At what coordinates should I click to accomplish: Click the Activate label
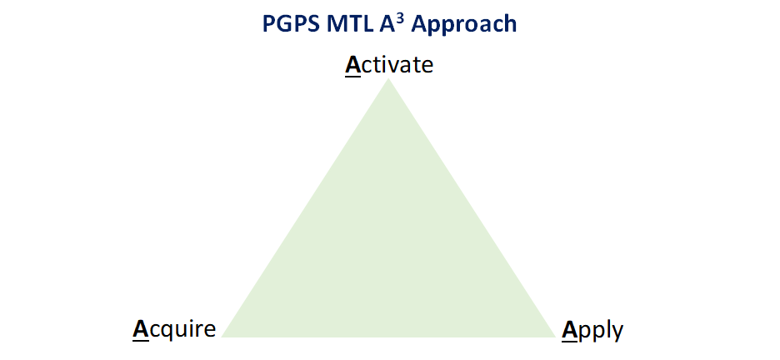tap(389, 65)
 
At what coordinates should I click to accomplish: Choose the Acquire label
tap(174, 330)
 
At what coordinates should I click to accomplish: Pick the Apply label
tap(592, 330)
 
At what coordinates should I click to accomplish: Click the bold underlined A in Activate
tap(352, 66)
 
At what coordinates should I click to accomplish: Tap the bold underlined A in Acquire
tap(140, 331)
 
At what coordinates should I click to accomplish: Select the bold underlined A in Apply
tap(569, 331)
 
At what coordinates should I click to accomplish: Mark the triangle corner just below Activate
tap(388, 78)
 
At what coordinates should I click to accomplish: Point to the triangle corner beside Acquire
tap(222, 337)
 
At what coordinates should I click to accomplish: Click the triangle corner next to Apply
tap(555, 337)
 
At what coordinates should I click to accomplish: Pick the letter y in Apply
tap(617, 333)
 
